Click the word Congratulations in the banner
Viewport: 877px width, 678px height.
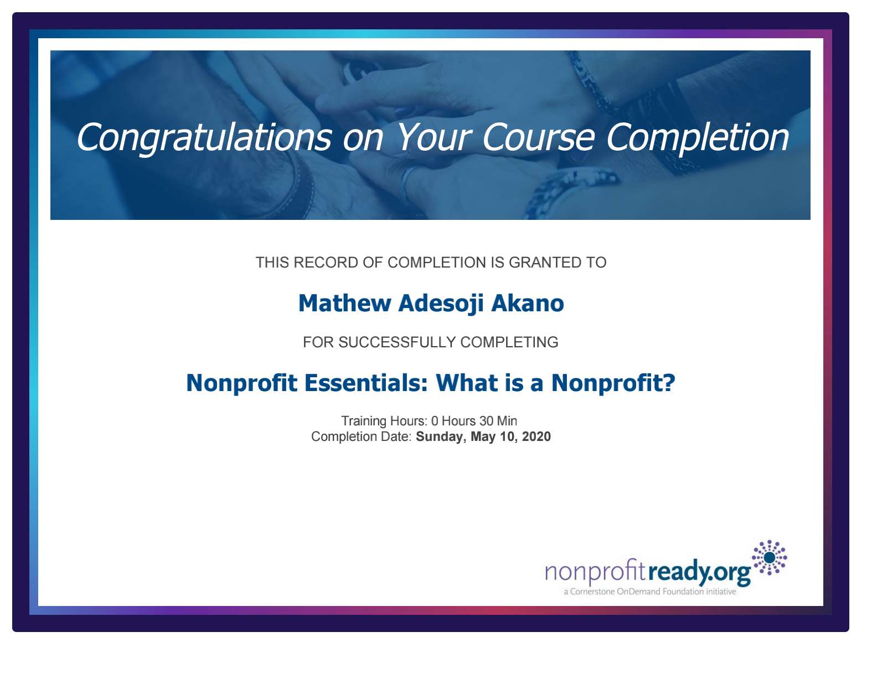tap(204, 138)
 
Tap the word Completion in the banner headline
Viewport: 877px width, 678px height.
tap(697, 138)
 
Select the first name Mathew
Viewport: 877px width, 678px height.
tap(345, 303)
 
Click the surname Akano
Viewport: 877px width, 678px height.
tap(528, 303)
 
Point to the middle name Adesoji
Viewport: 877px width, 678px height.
tap(441, 304)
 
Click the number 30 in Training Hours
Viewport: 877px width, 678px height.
tap(486, 421)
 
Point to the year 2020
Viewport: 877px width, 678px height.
tap(536, 436)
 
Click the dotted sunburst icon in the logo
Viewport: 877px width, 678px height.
tap(769, 557)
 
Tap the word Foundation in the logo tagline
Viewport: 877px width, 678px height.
tap(683, 592)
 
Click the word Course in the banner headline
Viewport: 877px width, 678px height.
tap(538, 138)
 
